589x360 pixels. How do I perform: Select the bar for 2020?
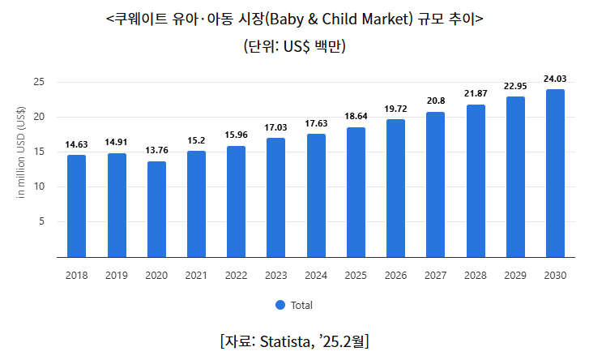[156, 209]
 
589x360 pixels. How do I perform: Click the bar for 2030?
[555, 173]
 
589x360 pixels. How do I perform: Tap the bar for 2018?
[77, 206]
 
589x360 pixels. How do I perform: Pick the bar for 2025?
[356, 192]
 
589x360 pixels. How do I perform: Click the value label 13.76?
[156, 150]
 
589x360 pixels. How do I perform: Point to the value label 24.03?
[555, 78]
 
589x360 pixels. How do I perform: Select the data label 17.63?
[316, 123]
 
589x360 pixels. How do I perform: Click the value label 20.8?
[436, 101]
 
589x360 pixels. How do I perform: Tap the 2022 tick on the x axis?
[237, 276]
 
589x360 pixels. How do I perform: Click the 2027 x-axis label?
[436, 276]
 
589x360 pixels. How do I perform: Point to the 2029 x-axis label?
[515, 276]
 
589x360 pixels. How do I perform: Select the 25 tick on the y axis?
[39, 82]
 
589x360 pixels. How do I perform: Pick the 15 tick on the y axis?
[39, 152]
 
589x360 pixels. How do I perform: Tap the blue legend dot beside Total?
[280, 306]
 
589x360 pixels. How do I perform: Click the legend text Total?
[301, 306]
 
